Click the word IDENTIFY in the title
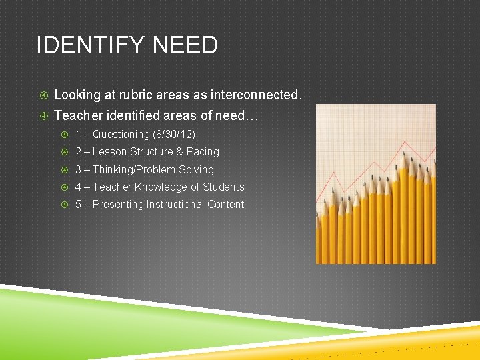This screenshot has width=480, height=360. pyautogui.click(x=91, y=46)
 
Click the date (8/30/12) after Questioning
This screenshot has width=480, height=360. pyautogui.click(x=174, y=134)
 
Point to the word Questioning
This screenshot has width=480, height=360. pyautogui.click(x=121, y=134)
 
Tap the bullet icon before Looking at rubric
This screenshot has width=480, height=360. pyautogui.click(x=43, y=95)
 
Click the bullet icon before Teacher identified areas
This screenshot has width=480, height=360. pyautogui.click(x=43, y=116)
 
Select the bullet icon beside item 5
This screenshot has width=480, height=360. pyautogui.click(x=65, y=205)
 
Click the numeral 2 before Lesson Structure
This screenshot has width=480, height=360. pyautogui.click(x=78, y=152)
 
